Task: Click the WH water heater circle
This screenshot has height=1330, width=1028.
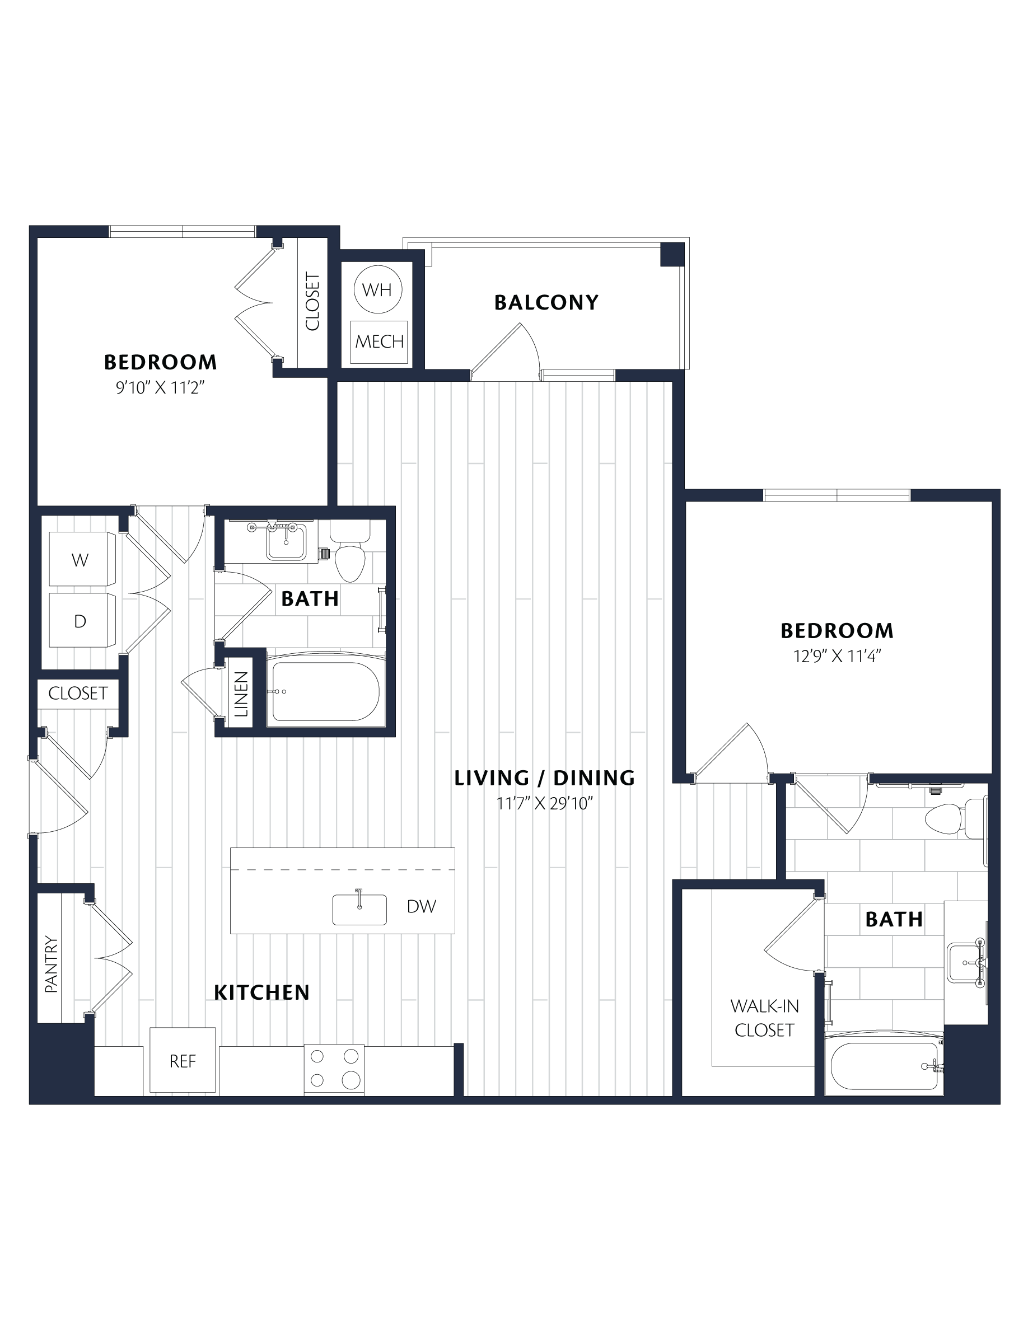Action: click(x=377, y=289)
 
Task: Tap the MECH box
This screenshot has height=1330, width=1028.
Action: click(x=379, y=341)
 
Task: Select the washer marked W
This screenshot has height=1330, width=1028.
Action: click(x=82, y=559)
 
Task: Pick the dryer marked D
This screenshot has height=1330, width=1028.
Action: click(x=82, y=620)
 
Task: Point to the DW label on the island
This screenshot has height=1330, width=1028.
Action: click(x=422, y=907)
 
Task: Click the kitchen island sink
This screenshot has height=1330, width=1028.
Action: click(x=359, y=908)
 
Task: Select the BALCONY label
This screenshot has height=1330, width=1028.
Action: click(x=546, y=303)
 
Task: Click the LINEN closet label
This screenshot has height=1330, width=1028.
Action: click(x=242, y=694)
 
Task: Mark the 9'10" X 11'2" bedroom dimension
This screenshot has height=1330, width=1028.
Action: click(x=160, y=388)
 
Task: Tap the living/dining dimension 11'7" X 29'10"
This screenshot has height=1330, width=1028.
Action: click(x=544, y=804)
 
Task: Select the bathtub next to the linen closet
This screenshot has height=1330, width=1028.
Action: click(x=326, y=691)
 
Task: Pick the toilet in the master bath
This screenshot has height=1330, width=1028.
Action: click(x=953, y=818)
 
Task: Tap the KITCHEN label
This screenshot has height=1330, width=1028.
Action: click(x=262, y=992)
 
